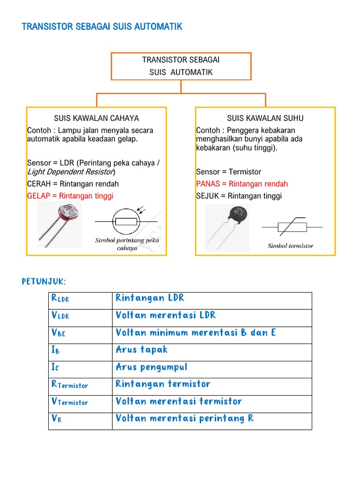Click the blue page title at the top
102,27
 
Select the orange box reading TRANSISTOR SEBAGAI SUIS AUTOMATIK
181,66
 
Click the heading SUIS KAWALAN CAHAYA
97,118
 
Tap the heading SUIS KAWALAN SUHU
265,118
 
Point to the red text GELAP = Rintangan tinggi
70,196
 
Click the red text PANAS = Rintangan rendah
242,184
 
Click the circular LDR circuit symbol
126,222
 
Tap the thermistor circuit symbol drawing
292,227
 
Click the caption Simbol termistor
291,246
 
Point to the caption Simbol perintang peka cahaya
127,244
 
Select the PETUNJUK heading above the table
44,281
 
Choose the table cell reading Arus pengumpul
151,367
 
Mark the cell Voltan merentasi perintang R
185,419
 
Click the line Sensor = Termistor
229,172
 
